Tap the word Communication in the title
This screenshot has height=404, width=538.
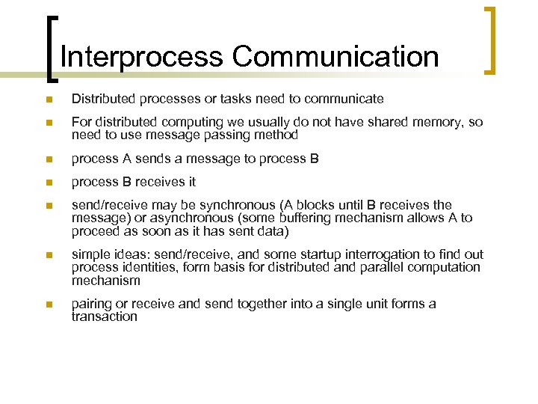(335, 57)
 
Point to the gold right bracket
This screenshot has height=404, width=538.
(491, 41)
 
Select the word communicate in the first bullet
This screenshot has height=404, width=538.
(347, 99)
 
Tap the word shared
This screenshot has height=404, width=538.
(392, 123)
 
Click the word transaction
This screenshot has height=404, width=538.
(105, 316)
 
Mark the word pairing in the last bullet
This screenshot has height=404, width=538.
(90, 304)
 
